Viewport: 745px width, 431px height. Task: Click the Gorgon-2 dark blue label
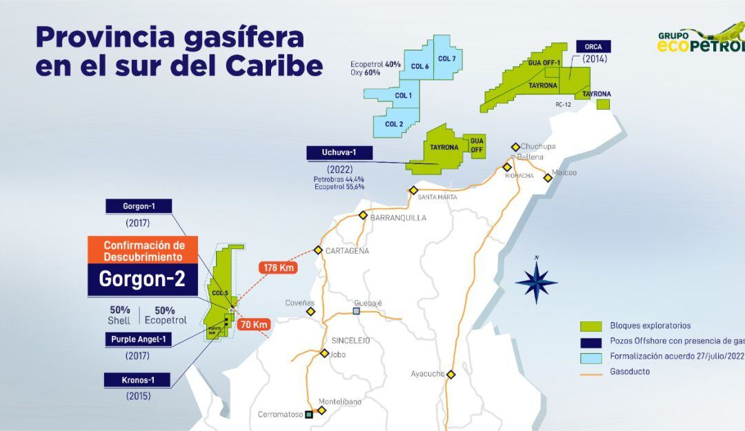142,279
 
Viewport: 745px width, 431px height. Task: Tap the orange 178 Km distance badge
277,268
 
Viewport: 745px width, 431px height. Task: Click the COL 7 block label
446,59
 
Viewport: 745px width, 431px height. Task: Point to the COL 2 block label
395,124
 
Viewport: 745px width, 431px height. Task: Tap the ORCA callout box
593,47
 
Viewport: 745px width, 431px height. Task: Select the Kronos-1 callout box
137,380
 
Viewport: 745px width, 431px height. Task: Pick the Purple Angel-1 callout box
137,339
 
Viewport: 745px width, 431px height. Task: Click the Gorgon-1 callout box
137,206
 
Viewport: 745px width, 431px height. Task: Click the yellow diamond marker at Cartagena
318,250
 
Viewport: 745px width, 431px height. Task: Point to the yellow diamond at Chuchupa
515,147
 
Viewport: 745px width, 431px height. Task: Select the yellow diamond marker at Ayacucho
451,374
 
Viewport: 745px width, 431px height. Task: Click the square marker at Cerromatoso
309,414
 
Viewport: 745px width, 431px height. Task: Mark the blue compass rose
537,279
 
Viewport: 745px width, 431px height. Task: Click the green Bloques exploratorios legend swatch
591,326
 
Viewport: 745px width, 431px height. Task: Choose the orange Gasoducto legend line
591,372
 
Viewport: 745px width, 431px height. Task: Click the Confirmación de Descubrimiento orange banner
143,251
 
